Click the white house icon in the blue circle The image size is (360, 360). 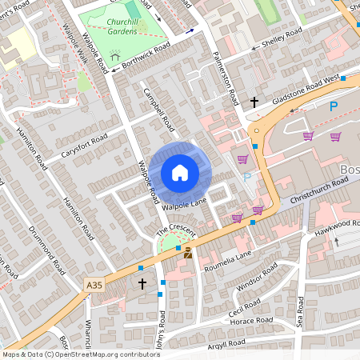(x=179, y=173)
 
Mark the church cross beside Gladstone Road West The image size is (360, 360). (x=254, y=102)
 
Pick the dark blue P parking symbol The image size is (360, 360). (x=334, y=106)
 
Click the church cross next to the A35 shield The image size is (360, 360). (x=142, y=283)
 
